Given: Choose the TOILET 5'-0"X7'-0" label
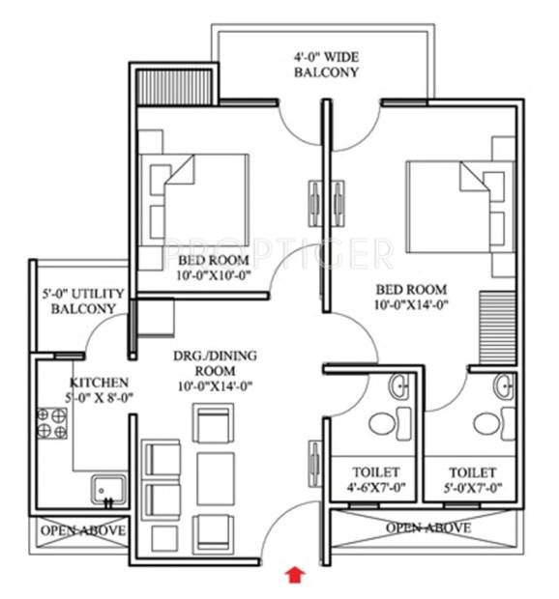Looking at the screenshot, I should (473, 480).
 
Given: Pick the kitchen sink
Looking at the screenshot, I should (105, 488).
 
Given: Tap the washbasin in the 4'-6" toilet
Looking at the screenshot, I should (399, 388).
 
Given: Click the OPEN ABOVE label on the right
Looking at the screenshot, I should (428, 528).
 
